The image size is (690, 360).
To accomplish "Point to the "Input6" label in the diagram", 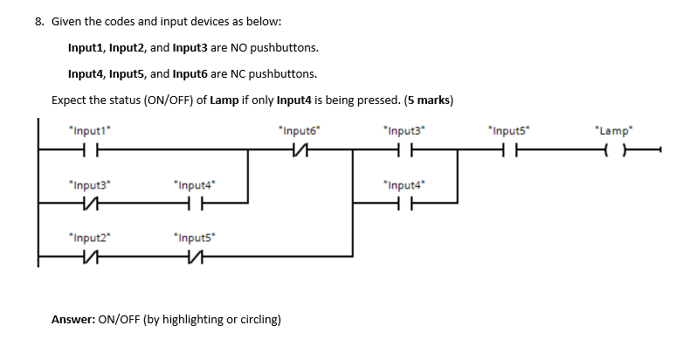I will point(298,131).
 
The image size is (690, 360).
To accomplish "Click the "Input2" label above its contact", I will point(87,237).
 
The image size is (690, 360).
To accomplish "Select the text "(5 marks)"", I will point(427,100).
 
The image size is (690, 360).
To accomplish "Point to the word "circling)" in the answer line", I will point(259,320).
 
